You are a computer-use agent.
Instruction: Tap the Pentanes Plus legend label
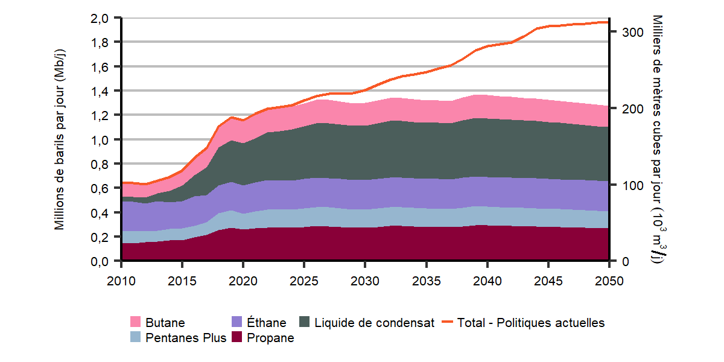click(x=186, y=338)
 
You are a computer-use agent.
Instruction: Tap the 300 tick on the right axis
click(x=623, y=33)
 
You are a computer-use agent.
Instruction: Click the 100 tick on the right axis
click(x=623, y=185)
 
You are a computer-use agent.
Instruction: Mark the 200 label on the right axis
click(x=623, y=109)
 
